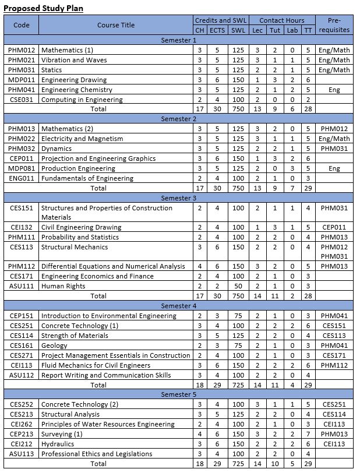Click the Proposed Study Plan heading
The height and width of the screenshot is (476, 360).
coord(43,8)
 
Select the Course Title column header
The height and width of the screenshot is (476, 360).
coord(115,25)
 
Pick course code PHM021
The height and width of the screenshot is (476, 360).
coord(22,60)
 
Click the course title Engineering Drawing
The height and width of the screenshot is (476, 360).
coord(74,80)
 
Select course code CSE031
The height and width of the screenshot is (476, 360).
coord(22,100)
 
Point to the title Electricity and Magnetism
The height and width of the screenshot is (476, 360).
coord(82,139)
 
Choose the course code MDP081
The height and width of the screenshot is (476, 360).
coord(22,168)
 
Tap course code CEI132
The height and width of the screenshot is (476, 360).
coord(22,227)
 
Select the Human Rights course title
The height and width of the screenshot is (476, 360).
coord(63,286)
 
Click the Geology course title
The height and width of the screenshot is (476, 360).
coord(54,345)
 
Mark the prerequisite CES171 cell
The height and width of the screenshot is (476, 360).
coord(334,355)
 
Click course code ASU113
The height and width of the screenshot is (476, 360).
coord(22,454)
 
